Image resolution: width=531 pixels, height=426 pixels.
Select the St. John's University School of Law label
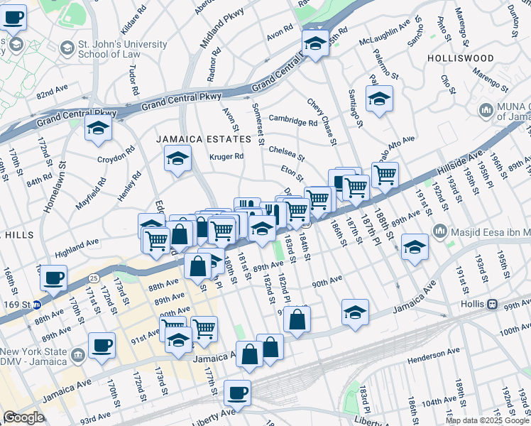122,49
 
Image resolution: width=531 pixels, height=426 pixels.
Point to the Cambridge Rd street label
292,121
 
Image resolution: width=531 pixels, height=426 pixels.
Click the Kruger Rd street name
226,156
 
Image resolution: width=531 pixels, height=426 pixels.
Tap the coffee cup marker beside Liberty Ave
238,391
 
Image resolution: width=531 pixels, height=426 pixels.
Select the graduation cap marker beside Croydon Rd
98,128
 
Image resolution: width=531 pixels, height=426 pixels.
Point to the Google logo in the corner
23,417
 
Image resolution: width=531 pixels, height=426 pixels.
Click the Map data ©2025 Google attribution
487,420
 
